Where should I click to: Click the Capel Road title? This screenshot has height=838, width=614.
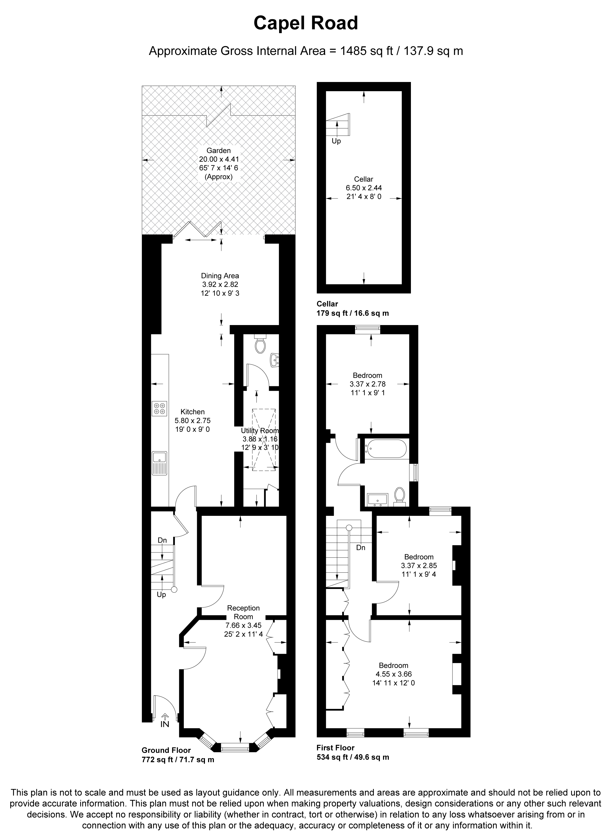pos(305,23)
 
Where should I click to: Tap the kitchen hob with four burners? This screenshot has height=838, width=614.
pos(160,408)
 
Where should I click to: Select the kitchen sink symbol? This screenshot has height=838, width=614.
pos(160,457)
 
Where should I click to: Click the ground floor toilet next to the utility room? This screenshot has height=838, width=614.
pos(260,345)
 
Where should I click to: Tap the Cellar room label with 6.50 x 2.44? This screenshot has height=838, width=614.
pos(364,188)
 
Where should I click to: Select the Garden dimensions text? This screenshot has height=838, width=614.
pos(219,164)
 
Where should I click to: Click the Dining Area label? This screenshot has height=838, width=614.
pos(220,284)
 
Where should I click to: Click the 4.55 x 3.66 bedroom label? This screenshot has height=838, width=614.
pos(393,674)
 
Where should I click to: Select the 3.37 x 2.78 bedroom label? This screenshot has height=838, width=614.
pos(367,384)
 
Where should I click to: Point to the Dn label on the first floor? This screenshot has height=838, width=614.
pos(360,548)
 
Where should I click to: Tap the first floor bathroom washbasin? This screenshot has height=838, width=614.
pos(377,499)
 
